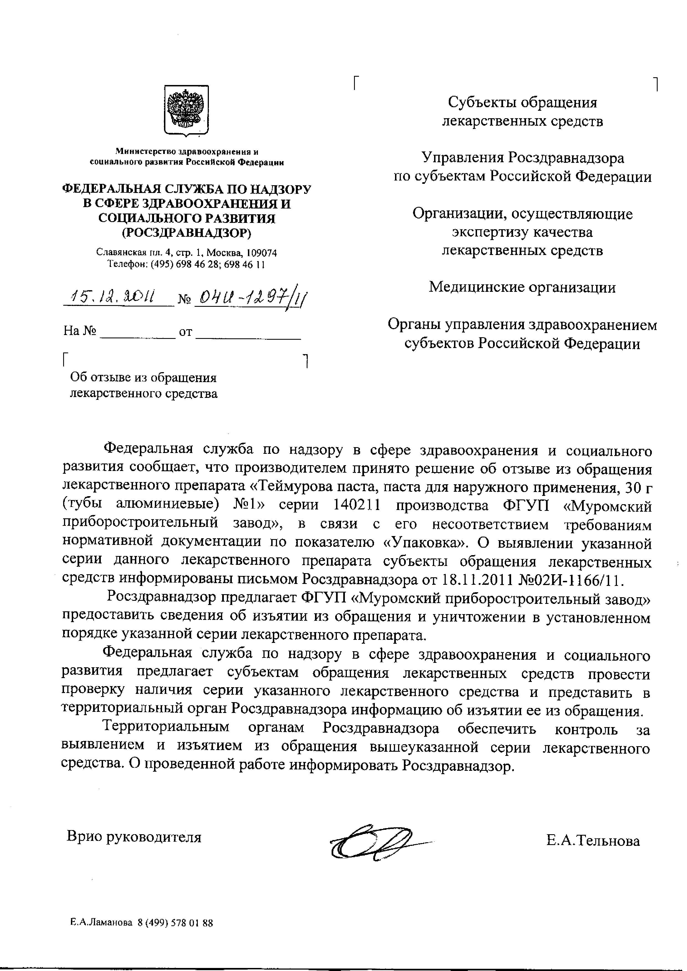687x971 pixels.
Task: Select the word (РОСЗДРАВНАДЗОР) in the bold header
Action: pos(186,233)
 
